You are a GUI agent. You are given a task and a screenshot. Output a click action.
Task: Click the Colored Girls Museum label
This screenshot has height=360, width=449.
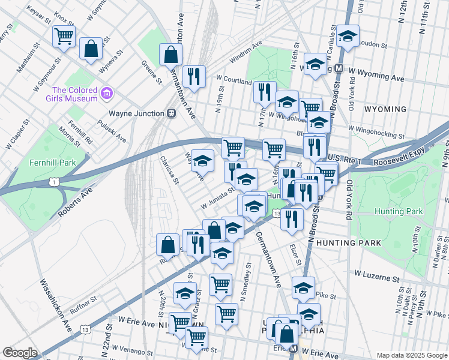66,94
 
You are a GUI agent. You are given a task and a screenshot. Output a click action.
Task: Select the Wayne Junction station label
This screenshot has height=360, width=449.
136,113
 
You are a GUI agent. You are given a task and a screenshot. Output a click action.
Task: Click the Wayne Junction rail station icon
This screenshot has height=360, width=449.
172,113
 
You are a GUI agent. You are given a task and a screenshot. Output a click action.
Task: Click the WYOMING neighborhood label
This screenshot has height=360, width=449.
385,109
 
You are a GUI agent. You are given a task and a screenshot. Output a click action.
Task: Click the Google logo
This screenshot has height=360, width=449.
20,353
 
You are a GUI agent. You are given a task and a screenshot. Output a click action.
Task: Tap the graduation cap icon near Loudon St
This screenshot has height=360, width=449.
348,36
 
